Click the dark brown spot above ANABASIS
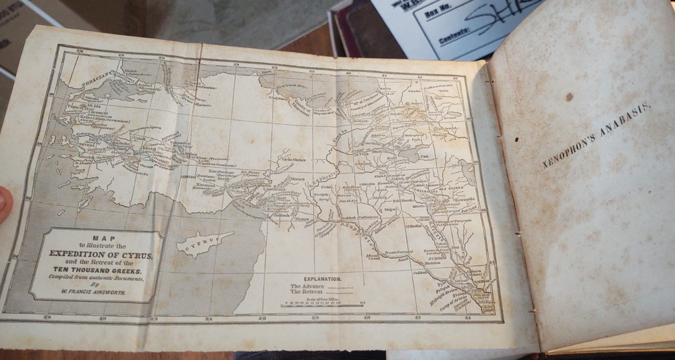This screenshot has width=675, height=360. click(569, 97)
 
